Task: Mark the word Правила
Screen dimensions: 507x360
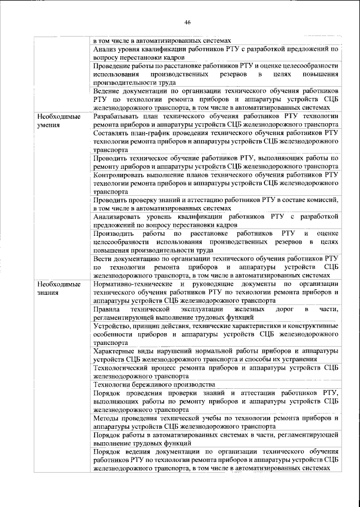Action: click(107, 309)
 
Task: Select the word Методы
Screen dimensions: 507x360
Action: click(107, 419)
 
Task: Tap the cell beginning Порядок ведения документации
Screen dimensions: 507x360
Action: click(215, 460)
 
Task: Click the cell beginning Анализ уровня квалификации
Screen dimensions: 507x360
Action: click(215, 53)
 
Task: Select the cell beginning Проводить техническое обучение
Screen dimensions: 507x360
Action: click(215, 162)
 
